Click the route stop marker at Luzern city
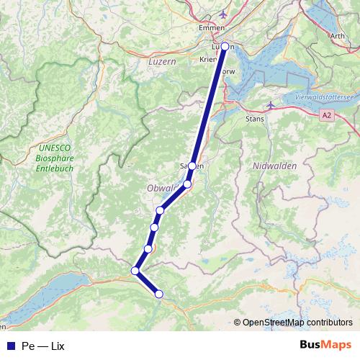pos(225,46)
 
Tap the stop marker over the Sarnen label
pos(192,166)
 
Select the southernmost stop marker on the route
pos(159,293)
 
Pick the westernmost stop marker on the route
pos(135,271)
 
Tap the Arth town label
pos(337,35)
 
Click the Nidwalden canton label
pos(275,166)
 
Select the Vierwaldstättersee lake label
pos(324,97)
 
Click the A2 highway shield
pos(328,114)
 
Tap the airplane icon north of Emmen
pos(222,14)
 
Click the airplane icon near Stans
pos(270,105)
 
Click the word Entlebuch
pos(54,169)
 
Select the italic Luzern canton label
pos(162,63)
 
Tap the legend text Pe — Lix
pos(43,346)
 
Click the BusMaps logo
pos(325,345)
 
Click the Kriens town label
pos(210,61)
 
